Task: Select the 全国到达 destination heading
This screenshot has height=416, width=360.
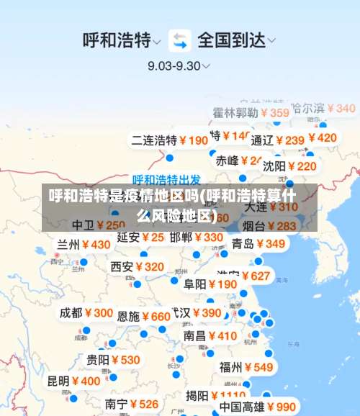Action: tap(230, 40)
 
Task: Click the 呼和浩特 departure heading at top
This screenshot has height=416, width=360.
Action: tap(117, 40)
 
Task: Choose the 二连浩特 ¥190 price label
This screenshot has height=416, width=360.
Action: tap(169, 140)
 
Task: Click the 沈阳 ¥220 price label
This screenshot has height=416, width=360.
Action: tap(289, 166)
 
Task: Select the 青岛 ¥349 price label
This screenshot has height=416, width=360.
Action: tap(258, 243)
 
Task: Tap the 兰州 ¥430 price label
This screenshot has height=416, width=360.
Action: tap(84, 245)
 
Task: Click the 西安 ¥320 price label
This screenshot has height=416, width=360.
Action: tap(137, 267)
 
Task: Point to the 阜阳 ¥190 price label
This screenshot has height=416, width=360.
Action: tap(210, 284)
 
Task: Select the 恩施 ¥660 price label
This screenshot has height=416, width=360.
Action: tap(143, 316)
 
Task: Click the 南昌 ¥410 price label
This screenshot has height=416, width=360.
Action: tap(210, 335)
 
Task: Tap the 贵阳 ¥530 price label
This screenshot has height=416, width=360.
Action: tap(113, 359)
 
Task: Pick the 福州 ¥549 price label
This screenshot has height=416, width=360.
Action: tap(246, 367)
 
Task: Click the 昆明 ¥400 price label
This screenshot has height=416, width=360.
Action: tap(74, 381)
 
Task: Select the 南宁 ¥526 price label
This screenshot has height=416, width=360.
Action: tap(131, 404)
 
